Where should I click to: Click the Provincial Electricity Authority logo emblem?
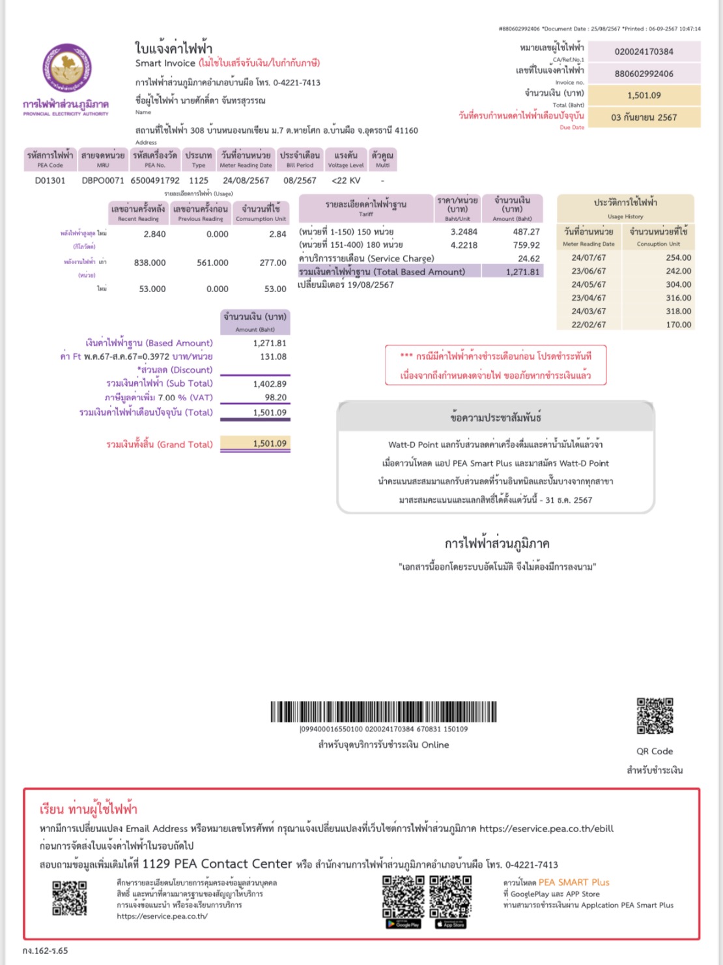(66, 69)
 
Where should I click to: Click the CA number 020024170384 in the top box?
(644, 52)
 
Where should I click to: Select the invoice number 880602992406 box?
(644, 74)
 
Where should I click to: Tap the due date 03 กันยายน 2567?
(644, 117)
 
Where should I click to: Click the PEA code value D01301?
(50, 181)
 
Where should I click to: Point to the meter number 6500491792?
(155, 181)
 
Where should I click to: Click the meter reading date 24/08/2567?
(246, 181)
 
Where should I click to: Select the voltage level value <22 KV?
(346, 181)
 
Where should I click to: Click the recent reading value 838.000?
(150, 263)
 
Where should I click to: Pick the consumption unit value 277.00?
(273, 263)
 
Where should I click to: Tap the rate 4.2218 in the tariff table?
(464, 245)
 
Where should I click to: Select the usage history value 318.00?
(678, 311)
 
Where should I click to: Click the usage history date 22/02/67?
(588, 325)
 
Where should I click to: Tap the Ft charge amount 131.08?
(273, 357)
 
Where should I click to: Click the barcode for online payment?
(383, 711)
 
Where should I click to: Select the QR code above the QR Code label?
(655, 716)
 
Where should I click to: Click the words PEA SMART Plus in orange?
(574, 882)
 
